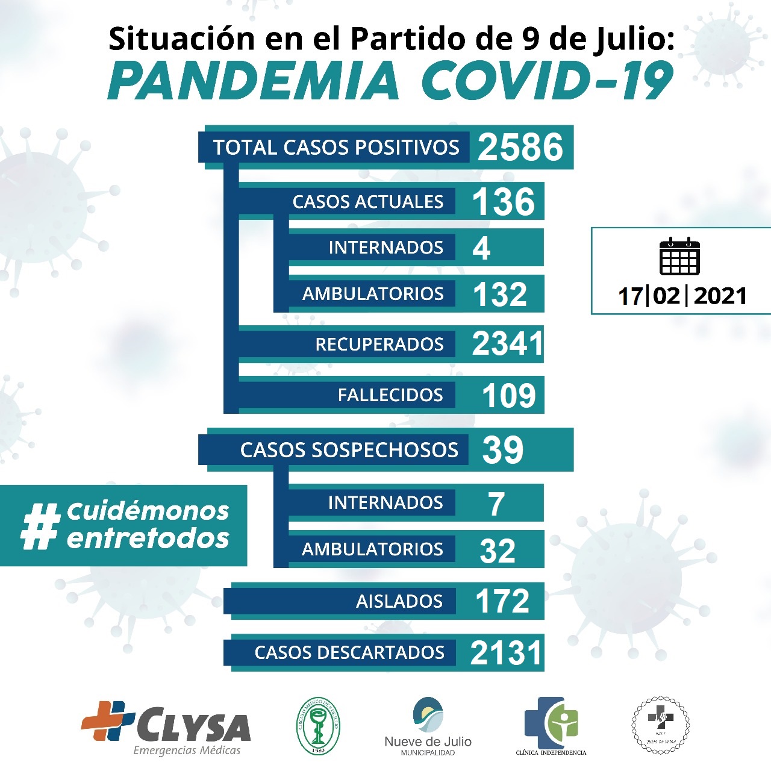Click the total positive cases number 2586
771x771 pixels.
tap(520, 148)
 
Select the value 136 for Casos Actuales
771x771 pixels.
tap(504, 202)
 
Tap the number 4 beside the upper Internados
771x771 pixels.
tap(481, 248)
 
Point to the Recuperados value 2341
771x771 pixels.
tap(507, 344)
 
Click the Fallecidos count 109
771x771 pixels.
tap(509, 396)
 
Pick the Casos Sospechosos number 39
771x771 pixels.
tap(503, 450)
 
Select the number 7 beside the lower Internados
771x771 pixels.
tap(496, 504)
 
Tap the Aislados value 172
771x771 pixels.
tap(502, 601)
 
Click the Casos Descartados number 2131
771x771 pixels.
tap(506, 653)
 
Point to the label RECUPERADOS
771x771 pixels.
tap(379, 345)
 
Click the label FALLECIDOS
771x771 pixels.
tap(390, 395)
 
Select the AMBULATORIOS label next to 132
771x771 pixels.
tap(373, 294)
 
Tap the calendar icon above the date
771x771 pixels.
tap(679, 257)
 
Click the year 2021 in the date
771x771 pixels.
tap(720, 296)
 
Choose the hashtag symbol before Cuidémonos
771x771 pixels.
tap(40, 526)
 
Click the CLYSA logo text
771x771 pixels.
tap(193, 727)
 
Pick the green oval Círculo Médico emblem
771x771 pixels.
tap(318, 726)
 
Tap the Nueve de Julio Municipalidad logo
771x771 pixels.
tap(428, 726)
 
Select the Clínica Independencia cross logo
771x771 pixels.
tap(551, 723)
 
